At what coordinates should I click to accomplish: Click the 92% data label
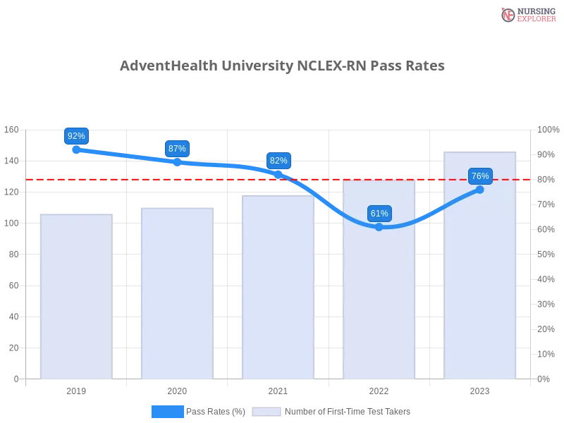click(x=76, y=136)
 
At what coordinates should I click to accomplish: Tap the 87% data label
click(x=177, y=149)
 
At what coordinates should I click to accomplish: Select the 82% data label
click(x=278, y=161)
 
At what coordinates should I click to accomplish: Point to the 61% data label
click(x=379, y=214)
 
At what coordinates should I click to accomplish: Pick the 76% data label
click(x=480, y=176)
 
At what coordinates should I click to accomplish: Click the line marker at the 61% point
click(x=379, y=227)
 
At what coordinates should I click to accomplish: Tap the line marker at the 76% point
click(x=480, y=189)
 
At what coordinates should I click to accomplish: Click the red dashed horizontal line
click(x=211, y=179)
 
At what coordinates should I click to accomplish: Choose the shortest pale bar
click(x=76, y=296)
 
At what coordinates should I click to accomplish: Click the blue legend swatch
click(x=167, y=411)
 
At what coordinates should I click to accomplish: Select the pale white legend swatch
click(x=266, y=412)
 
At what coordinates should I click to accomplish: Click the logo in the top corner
click(x=527, y=14)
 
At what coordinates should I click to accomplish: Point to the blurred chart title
click(x=282, y=66)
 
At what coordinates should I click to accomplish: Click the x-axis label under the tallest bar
click(x=479, y=389)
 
